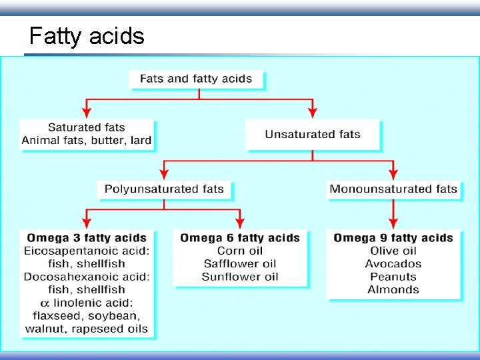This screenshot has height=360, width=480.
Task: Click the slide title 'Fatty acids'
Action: (87, 35)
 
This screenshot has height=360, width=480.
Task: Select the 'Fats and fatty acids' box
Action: (196, 79)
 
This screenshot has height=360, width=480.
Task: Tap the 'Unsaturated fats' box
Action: (313, 134)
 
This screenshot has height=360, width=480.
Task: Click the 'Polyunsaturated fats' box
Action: (164, 189)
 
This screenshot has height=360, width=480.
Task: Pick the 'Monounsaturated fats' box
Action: (393, 189)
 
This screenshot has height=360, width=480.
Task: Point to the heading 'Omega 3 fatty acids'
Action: (87, 238)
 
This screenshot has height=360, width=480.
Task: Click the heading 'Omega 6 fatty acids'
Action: (240, 238)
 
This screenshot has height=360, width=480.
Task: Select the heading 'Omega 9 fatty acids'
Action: (393, 238)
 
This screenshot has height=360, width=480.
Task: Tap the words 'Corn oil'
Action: (240, 251)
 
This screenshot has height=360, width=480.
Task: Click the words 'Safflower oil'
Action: (240, 263)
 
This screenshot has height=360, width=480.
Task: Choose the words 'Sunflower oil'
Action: (240, 276)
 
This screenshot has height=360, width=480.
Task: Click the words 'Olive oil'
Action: (393, 251)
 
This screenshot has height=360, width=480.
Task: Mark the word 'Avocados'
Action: (393, 263)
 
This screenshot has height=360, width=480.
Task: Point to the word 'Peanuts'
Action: (393, 276)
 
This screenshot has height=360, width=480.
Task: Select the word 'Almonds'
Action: (393, 289)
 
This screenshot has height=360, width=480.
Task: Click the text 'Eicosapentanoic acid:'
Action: (87, 251)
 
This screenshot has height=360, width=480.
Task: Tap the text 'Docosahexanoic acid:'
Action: (87, 276)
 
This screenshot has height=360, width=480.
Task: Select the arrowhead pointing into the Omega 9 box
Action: (393, 223)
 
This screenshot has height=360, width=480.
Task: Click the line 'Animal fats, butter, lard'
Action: (87, 140)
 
